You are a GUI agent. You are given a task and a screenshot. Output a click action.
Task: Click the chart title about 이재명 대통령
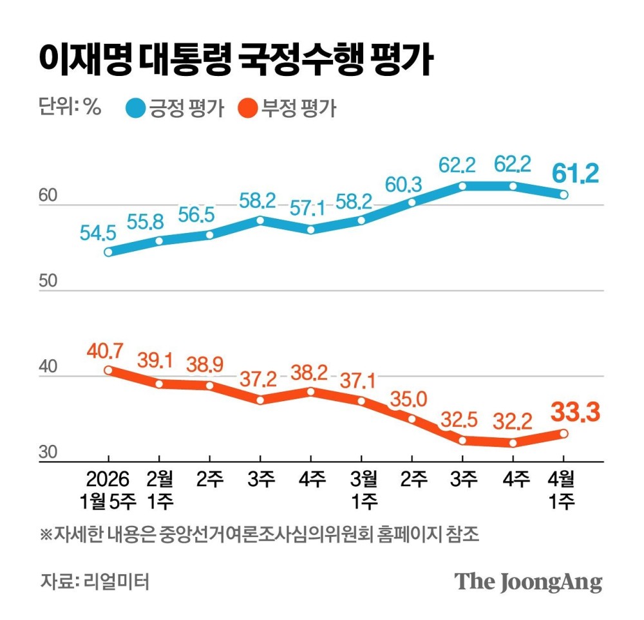pyautogui.click(x=234, y=61)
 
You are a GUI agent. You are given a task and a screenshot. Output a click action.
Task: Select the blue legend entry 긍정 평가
pyautogui.click(x=176, y=108)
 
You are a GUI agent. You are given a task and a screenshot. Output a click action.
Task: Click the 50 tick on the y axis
pyautogui.click(x=50, y=281)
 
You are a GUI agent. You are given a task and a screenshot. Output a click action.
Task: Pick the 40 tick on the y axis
pyautogui.click(x=50, y=367)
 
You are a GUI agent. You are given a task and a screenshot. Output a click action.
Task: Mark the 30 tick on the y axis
pyautogui.click(x=50, y=453)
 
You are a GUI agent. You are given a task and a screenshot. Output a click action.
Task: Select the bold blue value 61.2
pyautogui.click(x=576, y=173)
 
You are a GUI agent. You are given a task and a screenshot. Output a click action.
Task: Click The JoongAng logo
pyautogui.click(x=529, y=581)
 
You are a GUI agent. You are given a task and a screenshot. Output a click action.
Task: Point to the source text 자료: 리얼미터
pyautogui.click(x=95, y=581)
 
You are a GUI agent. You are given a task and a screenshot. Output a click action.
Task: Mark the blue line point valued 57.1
pyautogui.click(x=311, y=230)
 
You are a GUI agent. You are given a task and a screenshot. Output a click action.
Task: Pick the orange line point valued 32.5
pyautogui.click(x=462, y=440)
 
